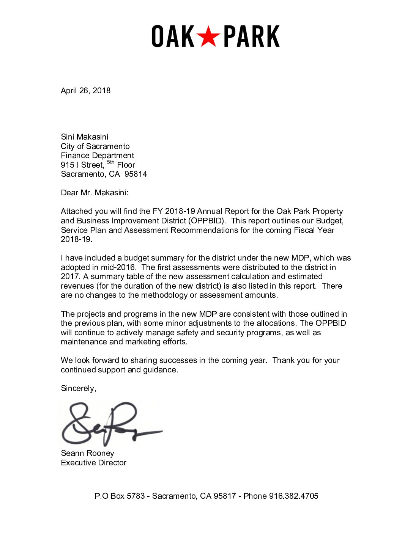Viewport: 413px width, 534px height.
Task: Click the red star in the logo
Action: click(x=208, y=37)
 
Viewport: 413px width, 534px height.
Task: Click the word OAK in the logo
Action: click(x=173, y=37)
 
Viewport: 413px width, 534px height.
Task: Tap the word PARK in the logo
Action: click(x=252, y=37)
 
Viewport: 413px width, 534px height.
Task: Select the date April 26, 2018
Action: click(x=86, y=91)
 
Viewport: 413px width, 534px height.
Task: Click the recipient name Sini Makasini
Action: click(x=85, y=137)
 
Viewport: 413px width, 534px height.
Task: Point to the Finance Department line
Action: click(x=98, y=155)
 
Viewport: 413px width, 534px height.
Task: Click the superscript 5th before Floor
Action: click(x=110, y=163)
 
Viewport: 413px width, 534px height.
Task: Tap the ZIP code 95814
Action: click(x=136, y=174)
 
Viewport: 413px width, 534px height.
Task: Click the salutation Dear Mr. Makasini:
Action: click(x=95, y=193)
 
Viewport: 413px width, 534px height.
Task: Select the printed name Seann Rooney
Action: click(x=88, y=453)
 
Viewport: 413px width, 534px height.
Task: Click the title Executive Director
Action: click(x=94, y=463)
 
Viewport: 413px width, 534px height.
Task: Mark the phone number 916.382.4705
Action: click(x=294, y=496)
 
